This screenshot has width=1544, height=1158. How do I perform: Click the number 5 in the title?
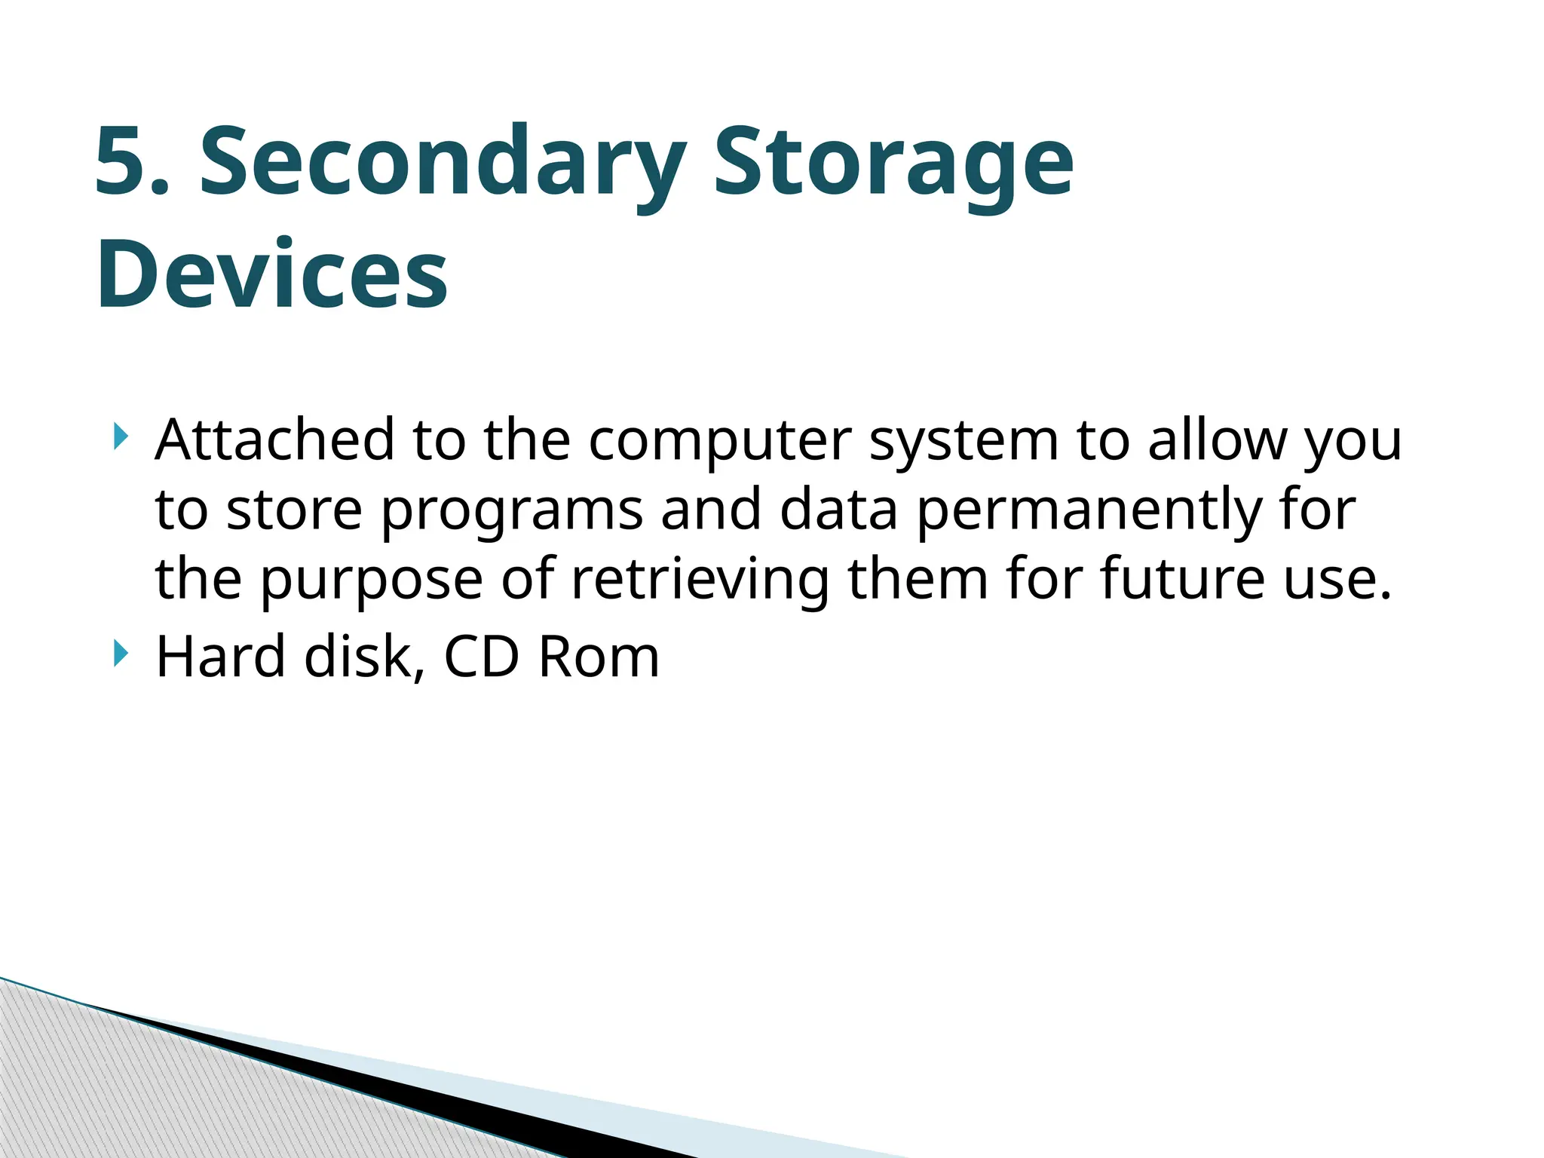(x=121, y=162)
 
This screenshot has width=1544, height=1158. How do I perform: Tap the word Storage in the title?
(x=893, y=162)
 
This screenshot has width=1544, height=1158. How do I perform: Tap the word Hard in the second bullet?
(x=220, y=657)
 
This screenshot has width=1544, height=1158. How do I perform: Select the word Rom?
(x=599, y=657)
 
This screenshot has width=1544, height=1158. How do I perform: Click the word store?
(x=294, y=511)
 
